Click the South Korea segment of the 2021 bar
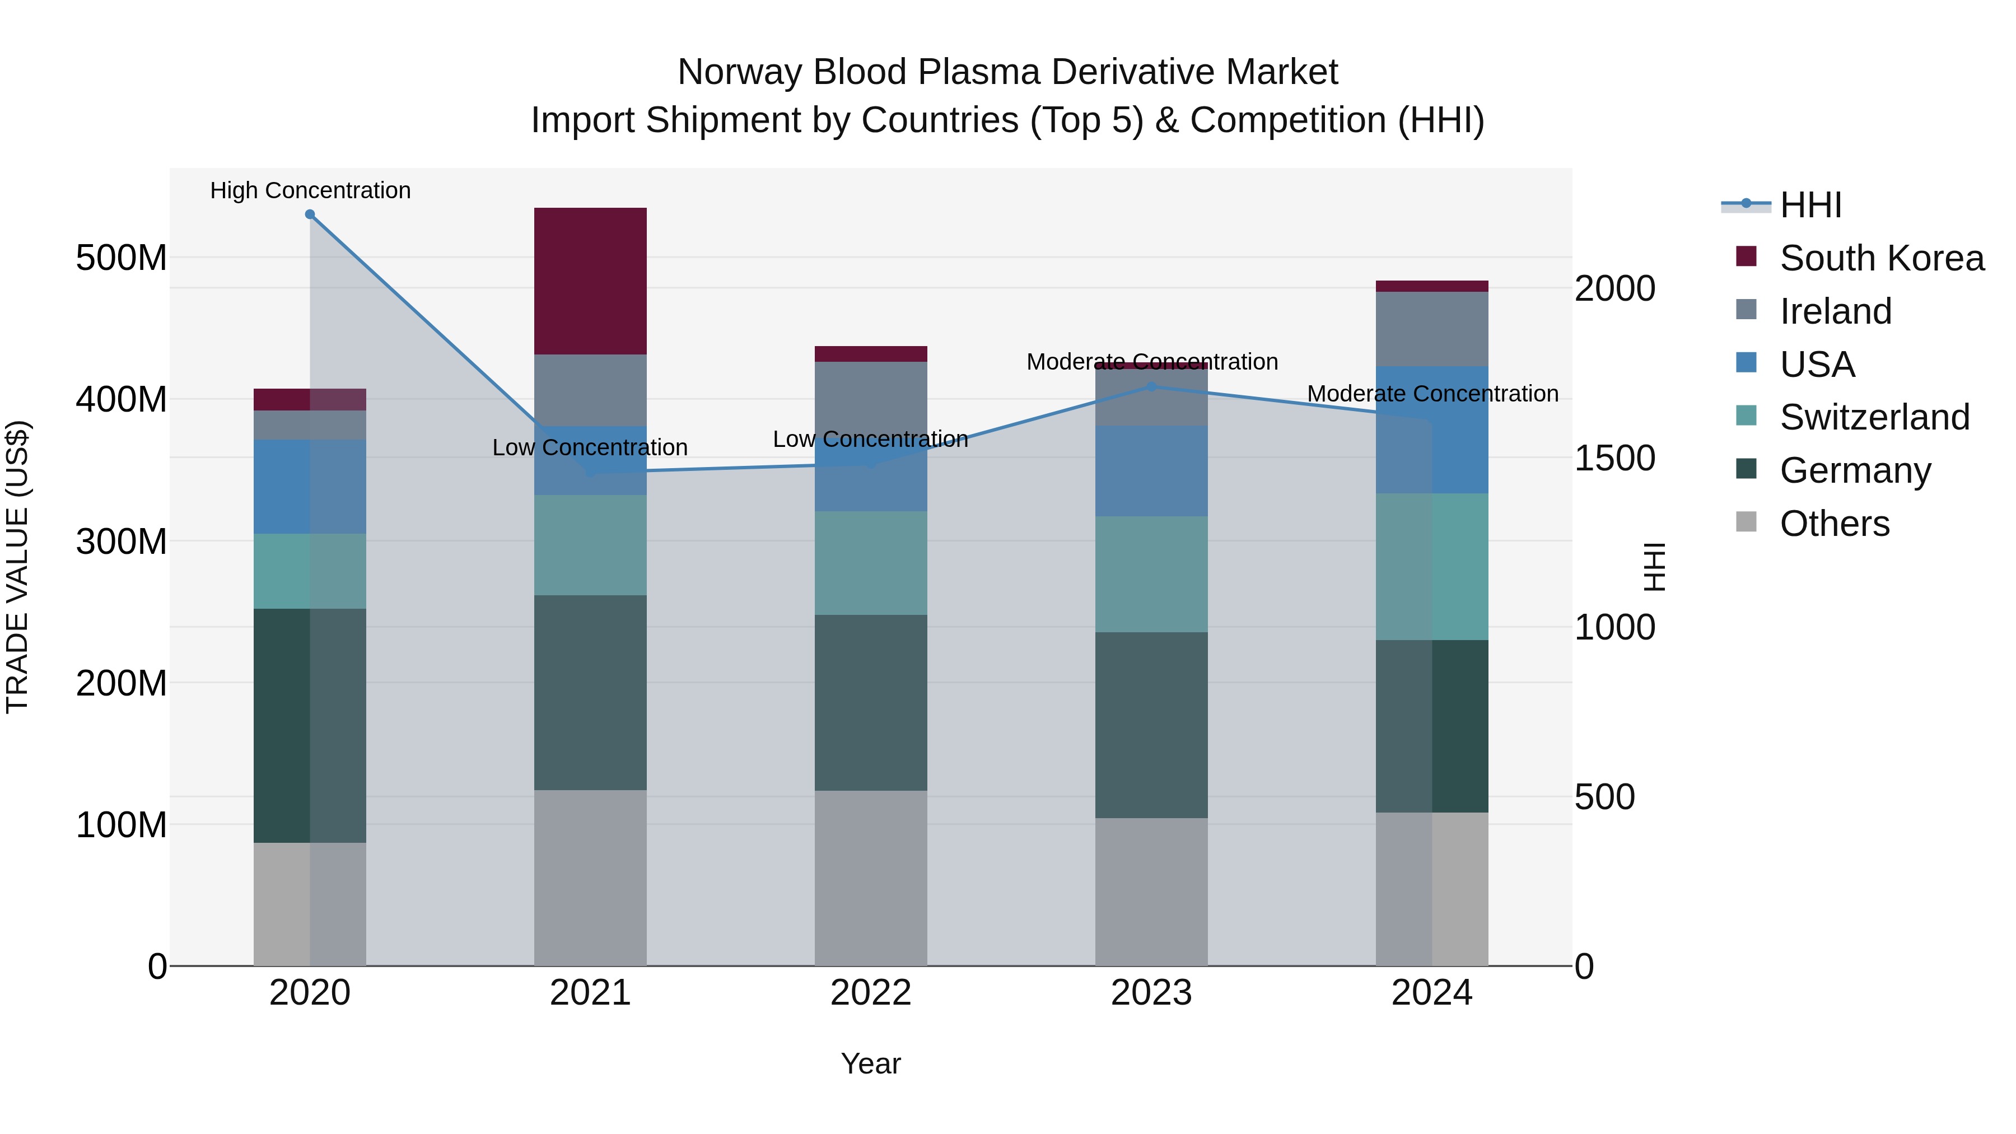coord(590,281)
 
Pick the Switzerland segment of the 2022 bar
coord(870,563)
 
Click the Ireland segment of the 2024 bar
coord(1431,329)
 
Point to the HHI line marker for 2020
coord(310,214)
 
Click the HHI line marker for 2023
coord(1151,386)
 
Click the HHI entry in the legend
coord(1810,205)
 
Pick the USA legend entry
coord(1817,365)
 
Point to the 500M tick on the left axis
coord(122,258)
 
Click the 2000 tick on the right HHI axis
coord(1614,289)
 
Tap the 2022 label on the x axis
coord(870,993)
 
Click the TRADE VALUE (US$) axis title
coord(17,567)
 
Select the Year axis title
coord(870,1063)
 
